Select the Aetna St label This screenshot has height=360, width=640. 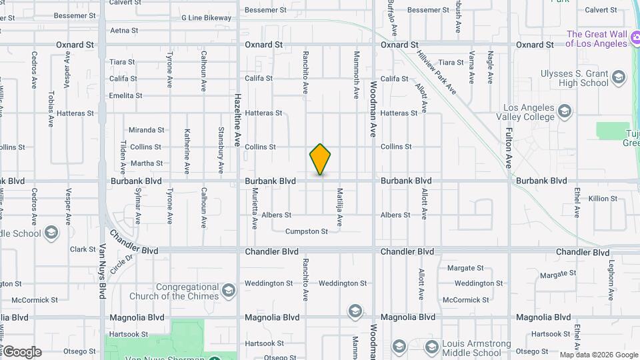click(124, 31)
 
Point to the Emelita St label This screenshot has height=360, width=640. click(127, 95)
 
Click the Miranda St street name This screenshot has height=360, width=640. click(146, 130)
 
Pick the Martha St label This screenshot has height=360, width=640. click(147, 163)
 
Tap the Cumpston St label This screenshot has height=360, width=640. click(307, 231)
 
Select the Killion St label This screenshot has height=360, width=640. click(603, 199)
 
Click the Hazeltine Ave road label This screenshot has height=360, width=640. click(237, 120)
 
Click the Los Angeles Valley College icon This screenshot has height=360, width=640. click(565, 110)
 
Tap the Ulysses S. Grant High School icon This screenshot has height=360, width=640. click(619, 78)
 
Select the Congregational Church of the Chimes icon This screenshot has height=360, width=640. click(229, 291)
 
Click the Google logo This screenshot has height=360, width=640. click(21, 352)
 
